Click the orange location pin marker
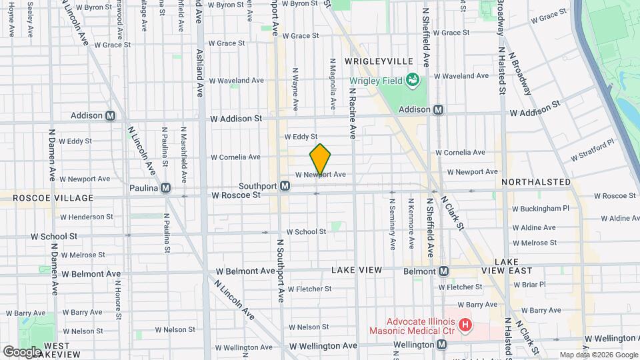tap(320, 160)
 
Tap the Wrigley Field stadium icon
tap(413, 81)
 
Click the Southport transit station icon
tap(285, 186)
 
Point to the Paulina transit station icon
tap(165, 188)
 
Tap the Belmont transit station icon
tap(443, 271)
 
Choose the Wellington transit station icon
tap(442, 345)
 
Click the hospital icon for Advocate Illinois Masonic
tap(465, 326)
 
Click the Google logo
tap(22, 351)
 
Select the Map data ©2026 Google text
tap(598, 355)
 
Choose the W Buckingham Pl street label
tap(541, 208)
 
